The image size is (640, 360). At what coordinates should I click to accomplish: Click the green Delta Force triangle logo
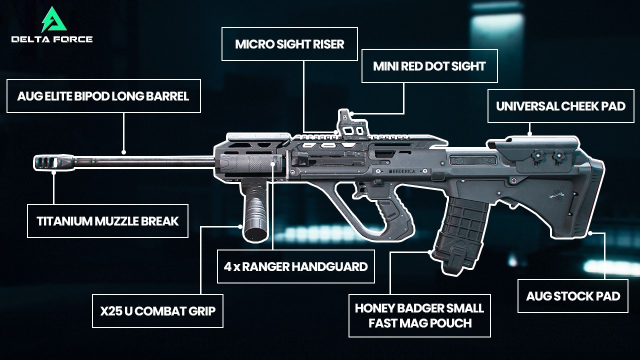(x=54, y=19)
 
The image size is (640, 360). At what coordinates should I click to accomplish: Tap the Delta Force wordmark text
(x=52, y=39)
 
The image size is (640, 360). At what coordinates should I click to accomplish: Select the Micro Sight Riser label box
(x=289, y=44)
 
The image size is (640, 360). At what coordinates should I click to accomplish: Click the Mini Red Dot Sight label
(x=429, y=66)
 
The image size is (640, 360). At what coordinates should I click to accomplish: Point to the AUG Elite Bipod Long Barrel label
(x=103, y=96)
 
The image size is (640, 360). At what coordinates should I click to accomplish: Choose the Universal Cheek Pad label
(x=560, y=106)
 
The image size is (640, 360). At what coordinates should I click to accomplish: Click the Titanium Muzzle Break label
(x=107, y=221)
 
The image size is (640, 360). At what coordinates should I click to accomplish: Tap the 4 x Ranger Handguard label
(x=295, y=266)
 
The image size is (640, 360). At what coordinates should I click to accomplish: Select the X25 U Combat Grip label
(x=157, y=311)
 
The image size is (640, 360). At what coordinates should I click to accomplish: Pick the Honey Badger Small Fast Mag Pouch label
(x=419, y=315)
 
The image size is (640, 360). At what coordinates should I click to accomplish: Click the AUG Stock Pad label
(x=573, y=296)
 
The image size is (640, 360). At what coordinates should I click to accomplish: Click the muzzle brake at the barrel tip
(x=53, y=161)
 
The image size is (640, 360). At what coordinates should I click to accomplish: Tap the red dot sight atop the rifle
(x=352, y=125)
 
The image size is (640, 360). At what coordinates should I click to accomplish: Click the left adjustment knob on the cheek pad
(x=537, y=155)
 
